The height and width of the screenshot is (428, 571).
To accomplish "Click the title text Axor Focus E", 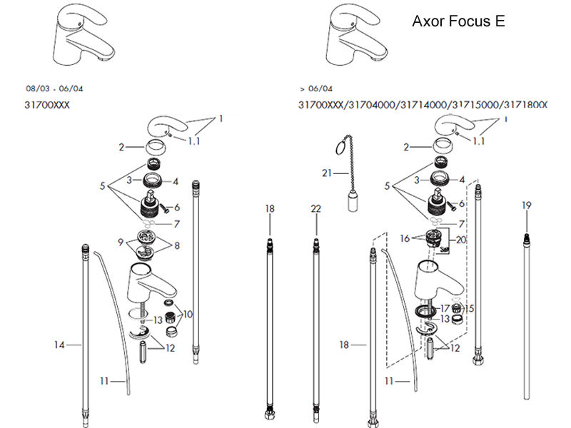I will click(x=458, y=21).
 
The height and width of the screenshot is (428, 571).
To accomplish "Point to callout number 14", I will click(x=60, y=345).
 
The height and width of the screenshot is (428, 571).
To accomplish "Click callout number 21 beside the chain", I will click(x=326, y=173).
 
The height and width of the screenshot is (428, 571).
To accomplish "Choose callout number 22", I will click(x=316, y=208).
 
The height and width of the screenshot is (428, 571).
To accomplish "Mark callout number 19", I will click(x=527, y=205).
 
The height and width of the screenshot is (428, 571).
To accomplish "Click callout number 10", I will click(x=188, y=314).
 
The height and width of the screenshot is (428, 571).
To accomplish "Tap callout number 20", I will click(x=461, y=240).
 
